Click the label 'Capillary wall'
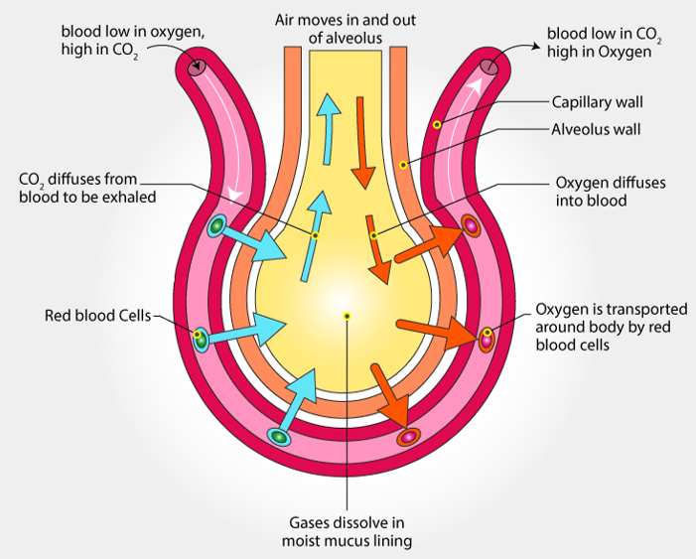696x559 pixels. (597, 102)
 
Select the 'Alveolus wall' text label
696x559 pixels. (596, 129)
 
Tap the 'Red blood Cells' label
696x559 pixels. (97, 317)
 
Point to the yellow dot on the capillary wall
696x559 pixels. (436, 124)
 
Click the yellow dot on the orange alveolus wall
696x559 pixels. (402, 164)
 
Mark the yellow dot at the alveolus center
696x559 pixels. (347, 316)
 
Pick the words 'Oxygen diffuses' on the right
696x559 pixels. (609, 183)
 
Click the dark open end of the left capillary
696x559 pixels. (198, 67)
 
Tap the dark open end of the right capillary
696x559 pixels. (489, 67)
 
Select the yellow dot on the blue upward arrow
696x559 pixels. (315, 235)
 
